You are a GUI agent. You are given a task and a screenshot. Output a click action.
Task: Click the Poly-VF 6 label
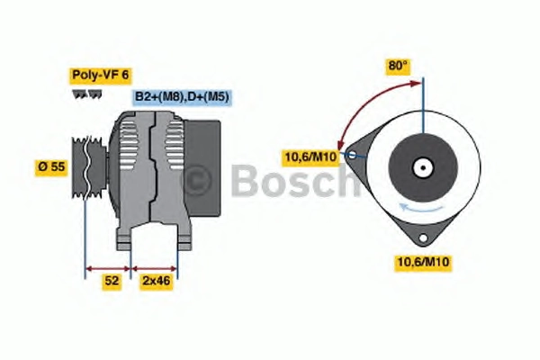tap(100, 76)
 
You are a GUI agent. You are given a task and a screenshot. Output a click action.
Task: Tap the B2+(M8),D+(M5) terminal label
tap(182, 97)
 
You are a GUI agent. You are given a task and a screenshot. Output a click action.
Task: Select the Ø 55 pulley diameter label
tap(51, 167)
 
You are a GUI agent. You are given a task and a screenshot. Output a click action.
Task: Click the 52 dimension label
tap(112, 281)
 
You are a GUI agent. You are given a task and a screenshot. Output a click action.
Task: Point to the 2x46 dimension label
tap(156, 281)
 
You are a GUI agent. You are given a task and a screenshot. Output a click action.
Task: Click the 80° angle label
tap(398, 66)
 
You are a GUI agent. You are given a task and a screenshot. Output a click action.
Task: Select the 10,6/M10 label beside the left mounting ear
tap(310, 157)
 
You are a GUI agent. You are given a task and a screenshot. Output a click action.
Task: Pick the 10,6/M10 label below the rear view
tap(423, 262)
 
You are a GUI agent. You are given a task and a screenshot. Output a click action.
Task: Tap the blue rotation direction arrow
tap(420, 208)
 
